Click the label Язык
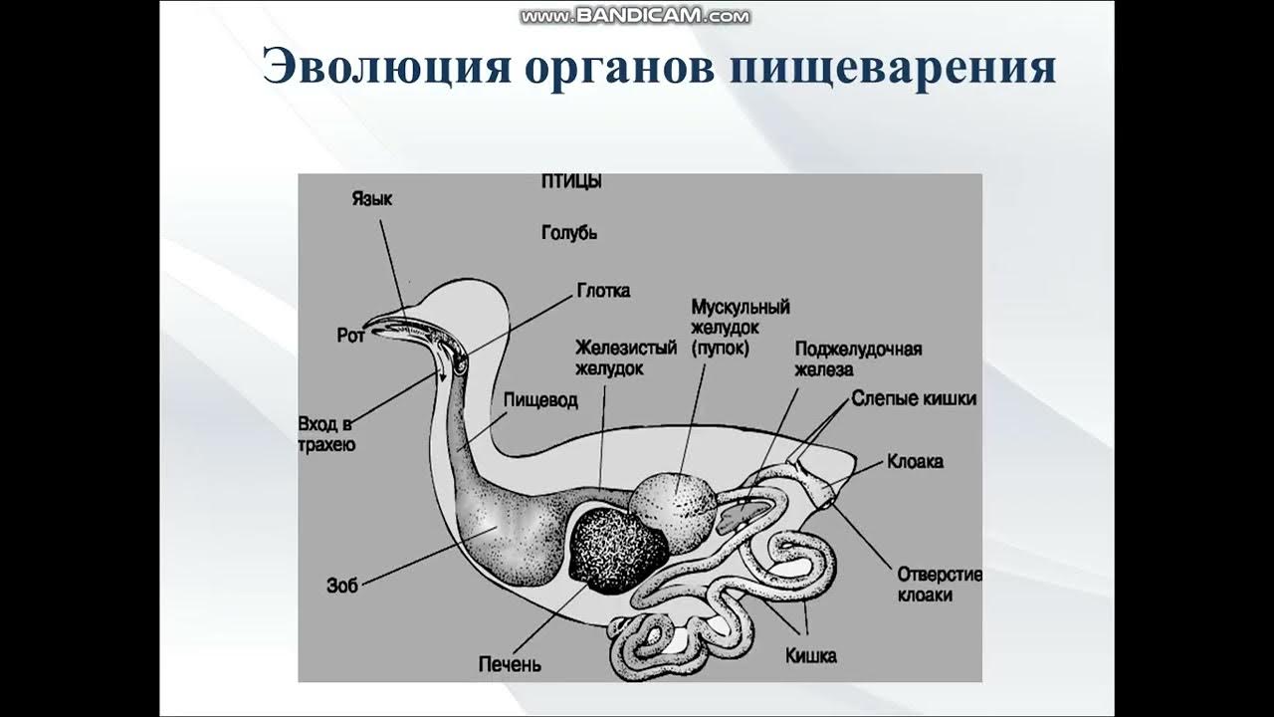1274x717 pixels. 372,199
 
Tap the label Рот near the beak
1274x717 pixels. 350,337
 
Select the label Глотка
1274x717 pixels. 603,291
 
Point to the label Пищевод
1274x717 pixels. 539,399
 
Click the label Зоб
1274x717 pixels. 341,585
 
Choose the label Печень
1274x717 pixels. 509,663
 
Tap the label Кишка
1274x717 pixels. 810,655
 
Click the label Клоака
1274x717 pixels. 915,462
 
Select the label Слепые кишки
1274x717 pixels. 914,398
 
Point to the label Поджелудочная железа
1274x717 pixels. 857,358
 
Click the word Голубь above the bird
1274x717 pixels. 568,233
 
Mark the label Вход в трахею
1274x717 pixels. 326,434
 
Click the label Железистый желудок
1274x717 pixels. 625,358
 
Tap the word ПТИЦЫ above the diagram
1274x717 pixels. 572,182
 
